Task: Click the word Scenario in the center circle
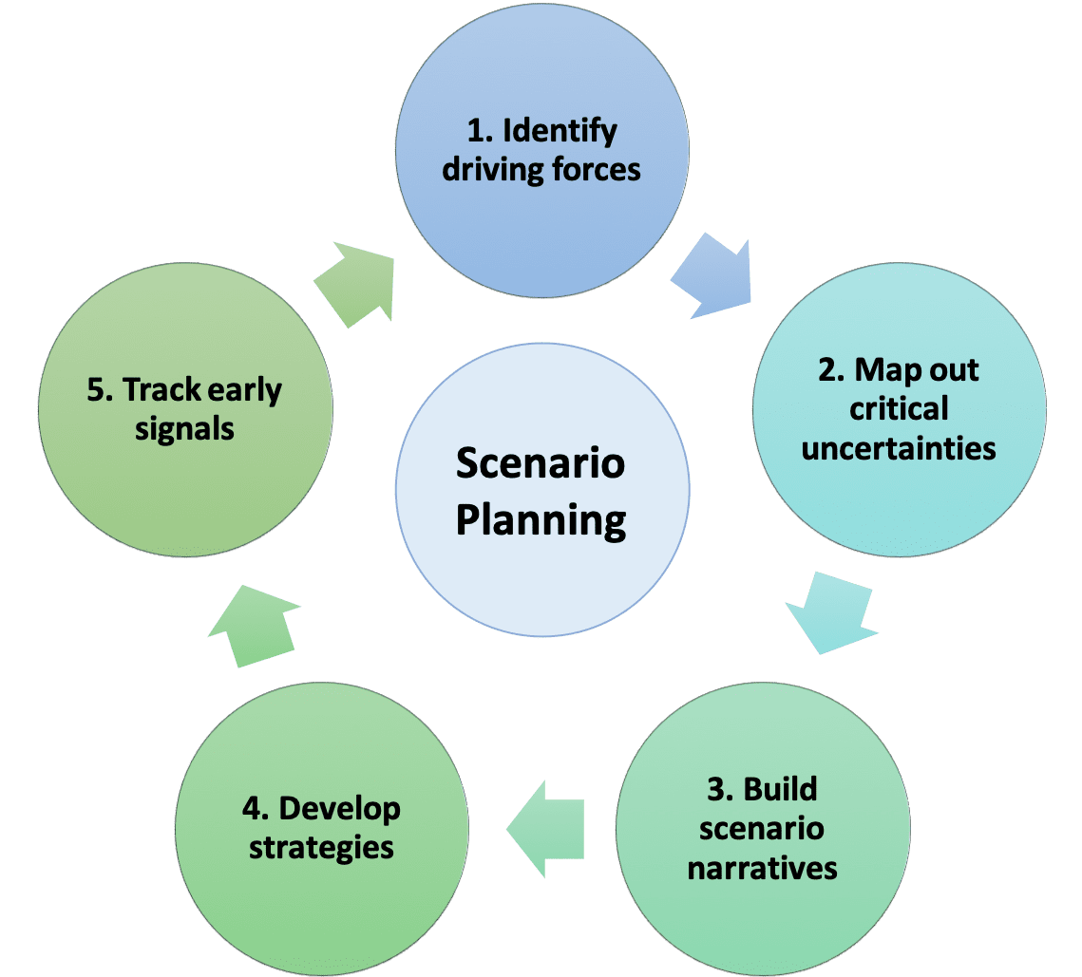[541, 464]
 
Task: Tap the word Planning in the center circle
[541, 521]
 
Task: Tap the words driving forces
[542, 170]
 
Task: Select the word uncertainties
[899, 448]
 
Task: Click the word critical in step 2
[899, 409]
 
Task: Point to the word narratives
[763, 868]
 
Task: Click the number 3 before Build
[718, 789]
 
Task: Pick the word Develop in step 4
[340, 809]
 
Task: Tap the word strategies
[321, 847]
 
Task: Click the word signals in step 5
[184, 429]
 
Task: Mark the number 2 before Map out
[827, 369]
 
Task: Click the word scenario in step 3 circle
[762, 829]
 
